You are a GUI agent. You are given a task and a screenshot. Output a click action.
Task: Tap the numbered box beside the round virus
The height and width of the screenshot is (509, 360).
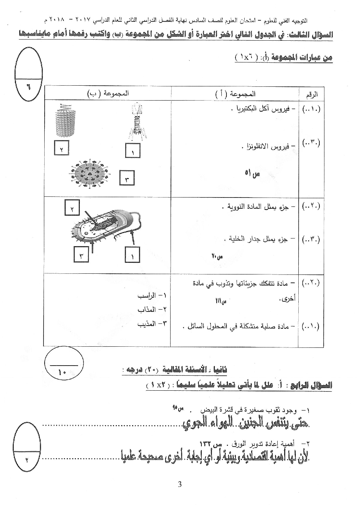click(127, 178)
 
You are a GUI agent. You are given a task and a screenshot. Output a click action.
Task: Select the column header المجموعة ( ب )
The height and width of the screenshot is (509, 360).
click(108, 94)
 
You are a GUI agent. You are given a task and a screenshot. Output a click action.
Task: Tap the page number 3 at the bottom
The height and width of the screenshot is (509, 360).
click(180, 484)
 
